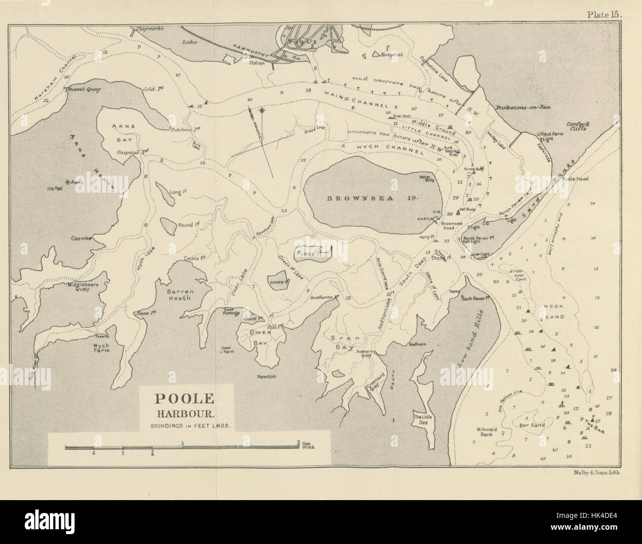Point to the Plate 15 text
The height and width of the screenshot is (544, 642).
(605, 14)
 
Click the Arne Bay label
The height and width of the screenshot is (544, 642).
(120, 133)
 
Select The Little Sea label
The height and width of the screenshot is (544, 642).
(423, 417)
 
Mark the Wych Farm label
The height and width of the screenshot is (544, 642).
(101, 349)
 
